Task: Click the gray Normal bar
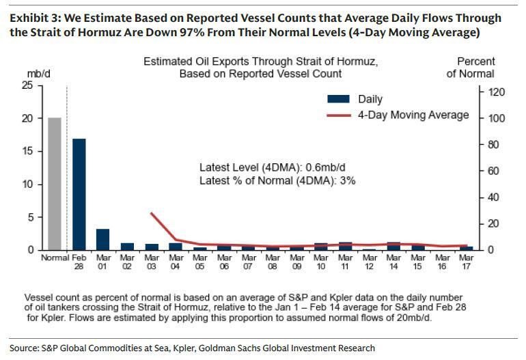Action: click(55, 184)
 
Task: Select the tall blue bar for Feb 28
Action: click(79, 194)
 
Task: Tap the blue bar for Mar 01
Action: click(102, 239)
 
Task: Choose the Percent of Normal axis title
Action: click(471, 67)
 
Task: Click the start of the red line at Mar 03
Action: click(150, 213)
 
